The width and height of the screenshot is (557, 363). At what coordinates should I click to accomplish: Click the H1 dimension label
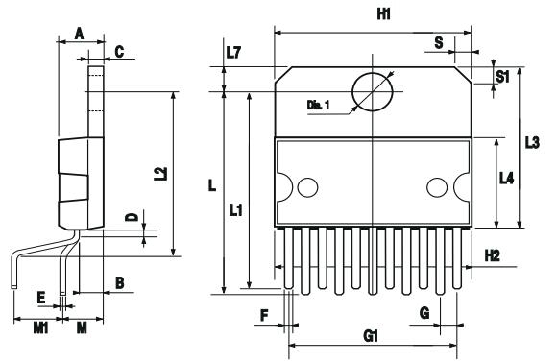[383, 14]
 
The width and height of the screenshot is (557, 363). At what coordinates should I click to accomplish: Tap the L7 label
[233, 53]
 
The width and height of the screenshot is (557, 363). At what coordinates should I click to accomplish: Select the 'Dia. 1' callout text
[318, 105]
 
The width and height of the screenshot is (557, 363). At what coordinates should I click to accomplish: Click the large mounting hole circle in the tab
[373, 91]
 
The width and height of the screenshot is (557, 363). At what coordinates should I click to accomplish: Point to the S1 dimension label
[502, 77]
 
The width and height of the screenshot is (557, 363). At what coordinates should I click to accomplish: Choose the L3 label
[532, 142]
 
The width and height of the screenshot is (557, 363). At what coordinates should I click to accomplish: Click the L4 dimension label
[506, 178]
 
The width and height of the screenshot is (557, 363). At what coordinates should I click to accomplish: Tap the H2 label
[493, 255]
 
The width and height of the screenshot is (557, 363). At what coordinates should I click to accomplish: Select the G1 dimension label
[371, 336]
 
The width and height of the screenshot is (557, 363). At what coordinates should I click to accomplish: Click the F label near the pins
[264, 315]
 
